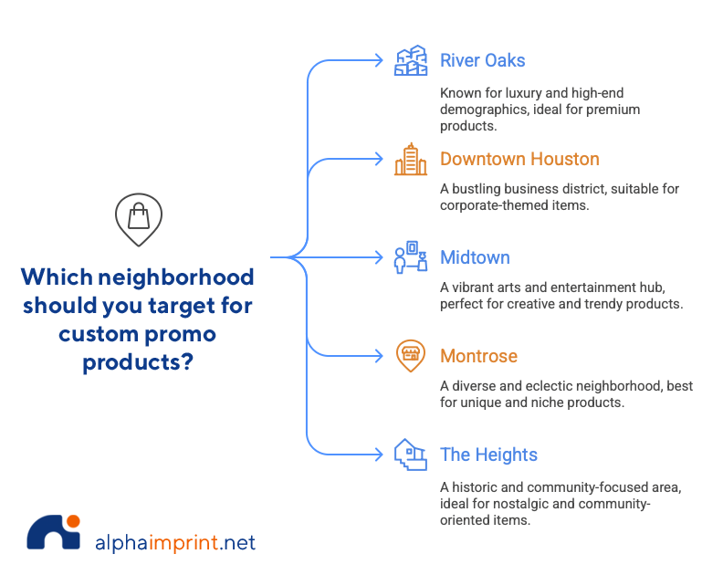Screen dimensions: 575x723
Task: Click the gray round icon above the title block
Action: [139, 221]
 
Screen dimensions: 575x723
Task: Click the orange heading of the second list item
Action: [519, 167]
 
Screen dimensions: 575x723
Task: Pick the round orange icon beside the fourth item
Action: [414, 359]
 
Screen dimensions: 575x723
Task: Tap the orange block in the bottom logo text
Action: [186, 545]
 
